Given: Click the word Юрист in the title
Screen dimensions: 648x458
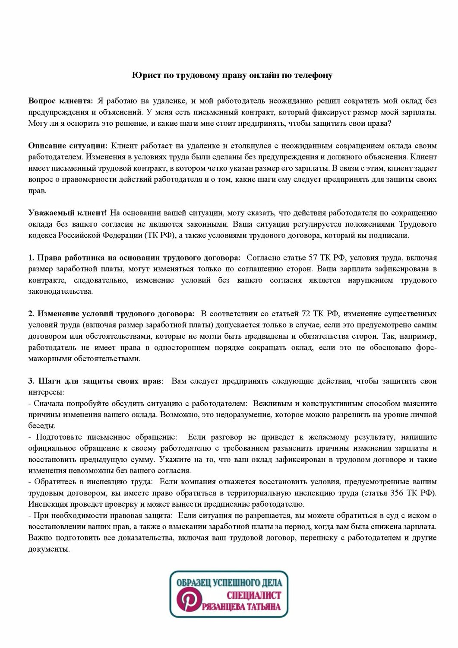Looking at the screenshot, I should pos(143,76).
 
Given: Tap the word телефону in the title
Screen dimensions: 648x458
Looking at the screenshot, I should pos(313,76).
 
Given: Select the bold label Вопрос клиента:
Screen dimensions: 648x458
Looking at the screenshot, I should pos(60,101).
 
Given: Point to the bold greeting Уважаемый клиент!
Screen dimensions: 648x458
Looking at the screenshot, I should pos(67,213).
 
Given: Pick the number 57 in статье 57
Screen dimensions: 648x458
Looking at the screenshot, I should pos(313,258).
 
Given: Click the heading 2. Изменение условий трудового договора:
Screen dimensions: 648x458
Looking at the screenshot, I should pos(111,314).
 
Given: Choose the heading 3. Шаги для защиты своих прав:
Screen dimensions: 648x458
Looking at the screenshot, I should pos(96,381).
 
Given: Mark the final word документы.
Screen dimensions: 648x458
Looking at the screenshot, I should pos(48,549).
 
